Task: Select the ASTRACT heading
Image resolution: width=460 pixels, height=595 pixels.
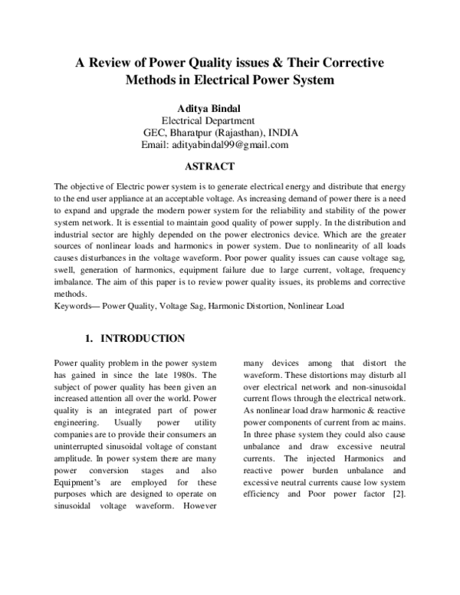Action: point(209,166)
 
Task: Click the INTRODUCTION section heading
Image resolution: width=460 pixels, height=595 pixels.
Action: point(143,338)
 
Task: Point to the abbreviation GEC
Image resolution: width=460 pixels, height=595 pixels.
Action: point(154,132)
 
